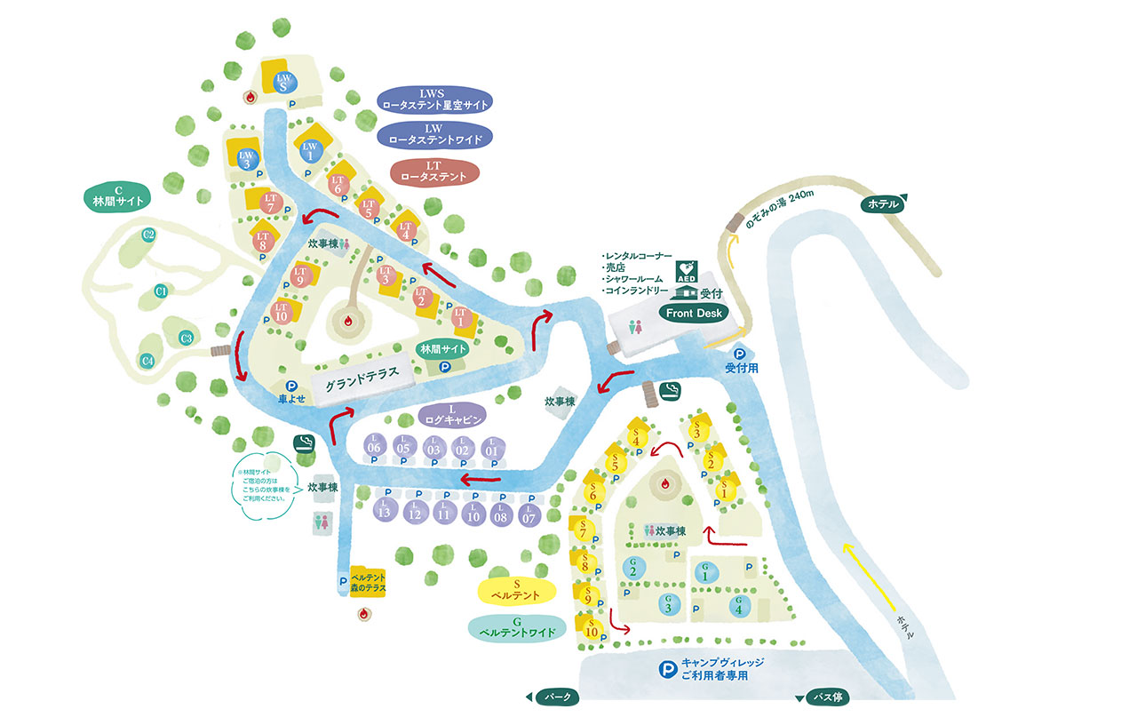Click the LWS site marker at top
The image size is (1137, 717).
tap(283, 82)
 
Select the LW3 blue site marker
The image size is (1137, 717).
tap(248, 159)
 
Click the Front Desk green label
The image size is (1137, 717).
tap(693, 313)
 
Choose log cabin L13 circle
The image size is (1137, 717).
tap(384, 510)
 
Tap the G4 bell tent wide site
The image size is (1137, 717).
tap(736, 605)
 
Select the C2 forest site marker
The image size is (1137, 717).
tap(149, 235)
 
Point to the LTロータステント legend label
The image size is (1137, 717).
tap(433, 171)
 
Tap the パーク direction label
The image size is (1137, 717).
tap(556, 697)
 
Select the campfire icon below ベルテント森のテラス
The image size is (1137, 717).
tap(363, 613)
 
